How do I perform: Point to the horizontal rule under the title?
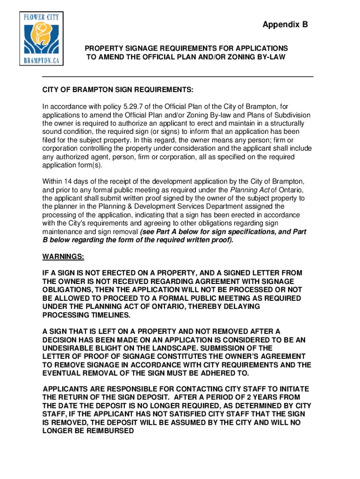point(178,76)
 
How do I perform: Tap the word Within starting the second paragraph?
point(53,181)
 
